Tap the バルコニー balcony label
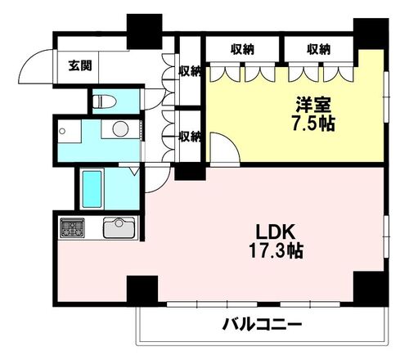262,325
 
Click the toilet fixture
102,102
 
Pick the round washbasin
119,128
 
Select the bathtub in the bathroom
92,188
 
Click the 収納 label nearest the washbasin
190,136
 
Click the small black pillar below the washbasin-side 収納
190,173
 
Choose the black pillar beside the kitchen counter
141,288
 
